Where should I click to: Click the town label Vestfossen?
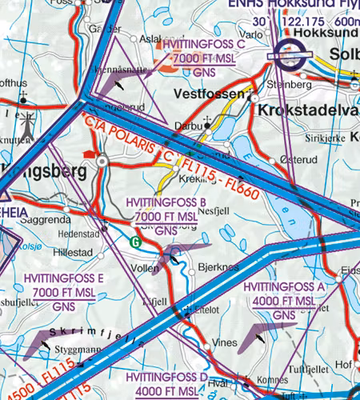pyautogui.click(x=208, y=94)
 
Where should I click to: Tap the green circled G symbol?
pyautogui.click(x=135, y=239)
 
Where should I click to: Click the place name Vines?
pyautogui.click(x=229, y=342)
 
